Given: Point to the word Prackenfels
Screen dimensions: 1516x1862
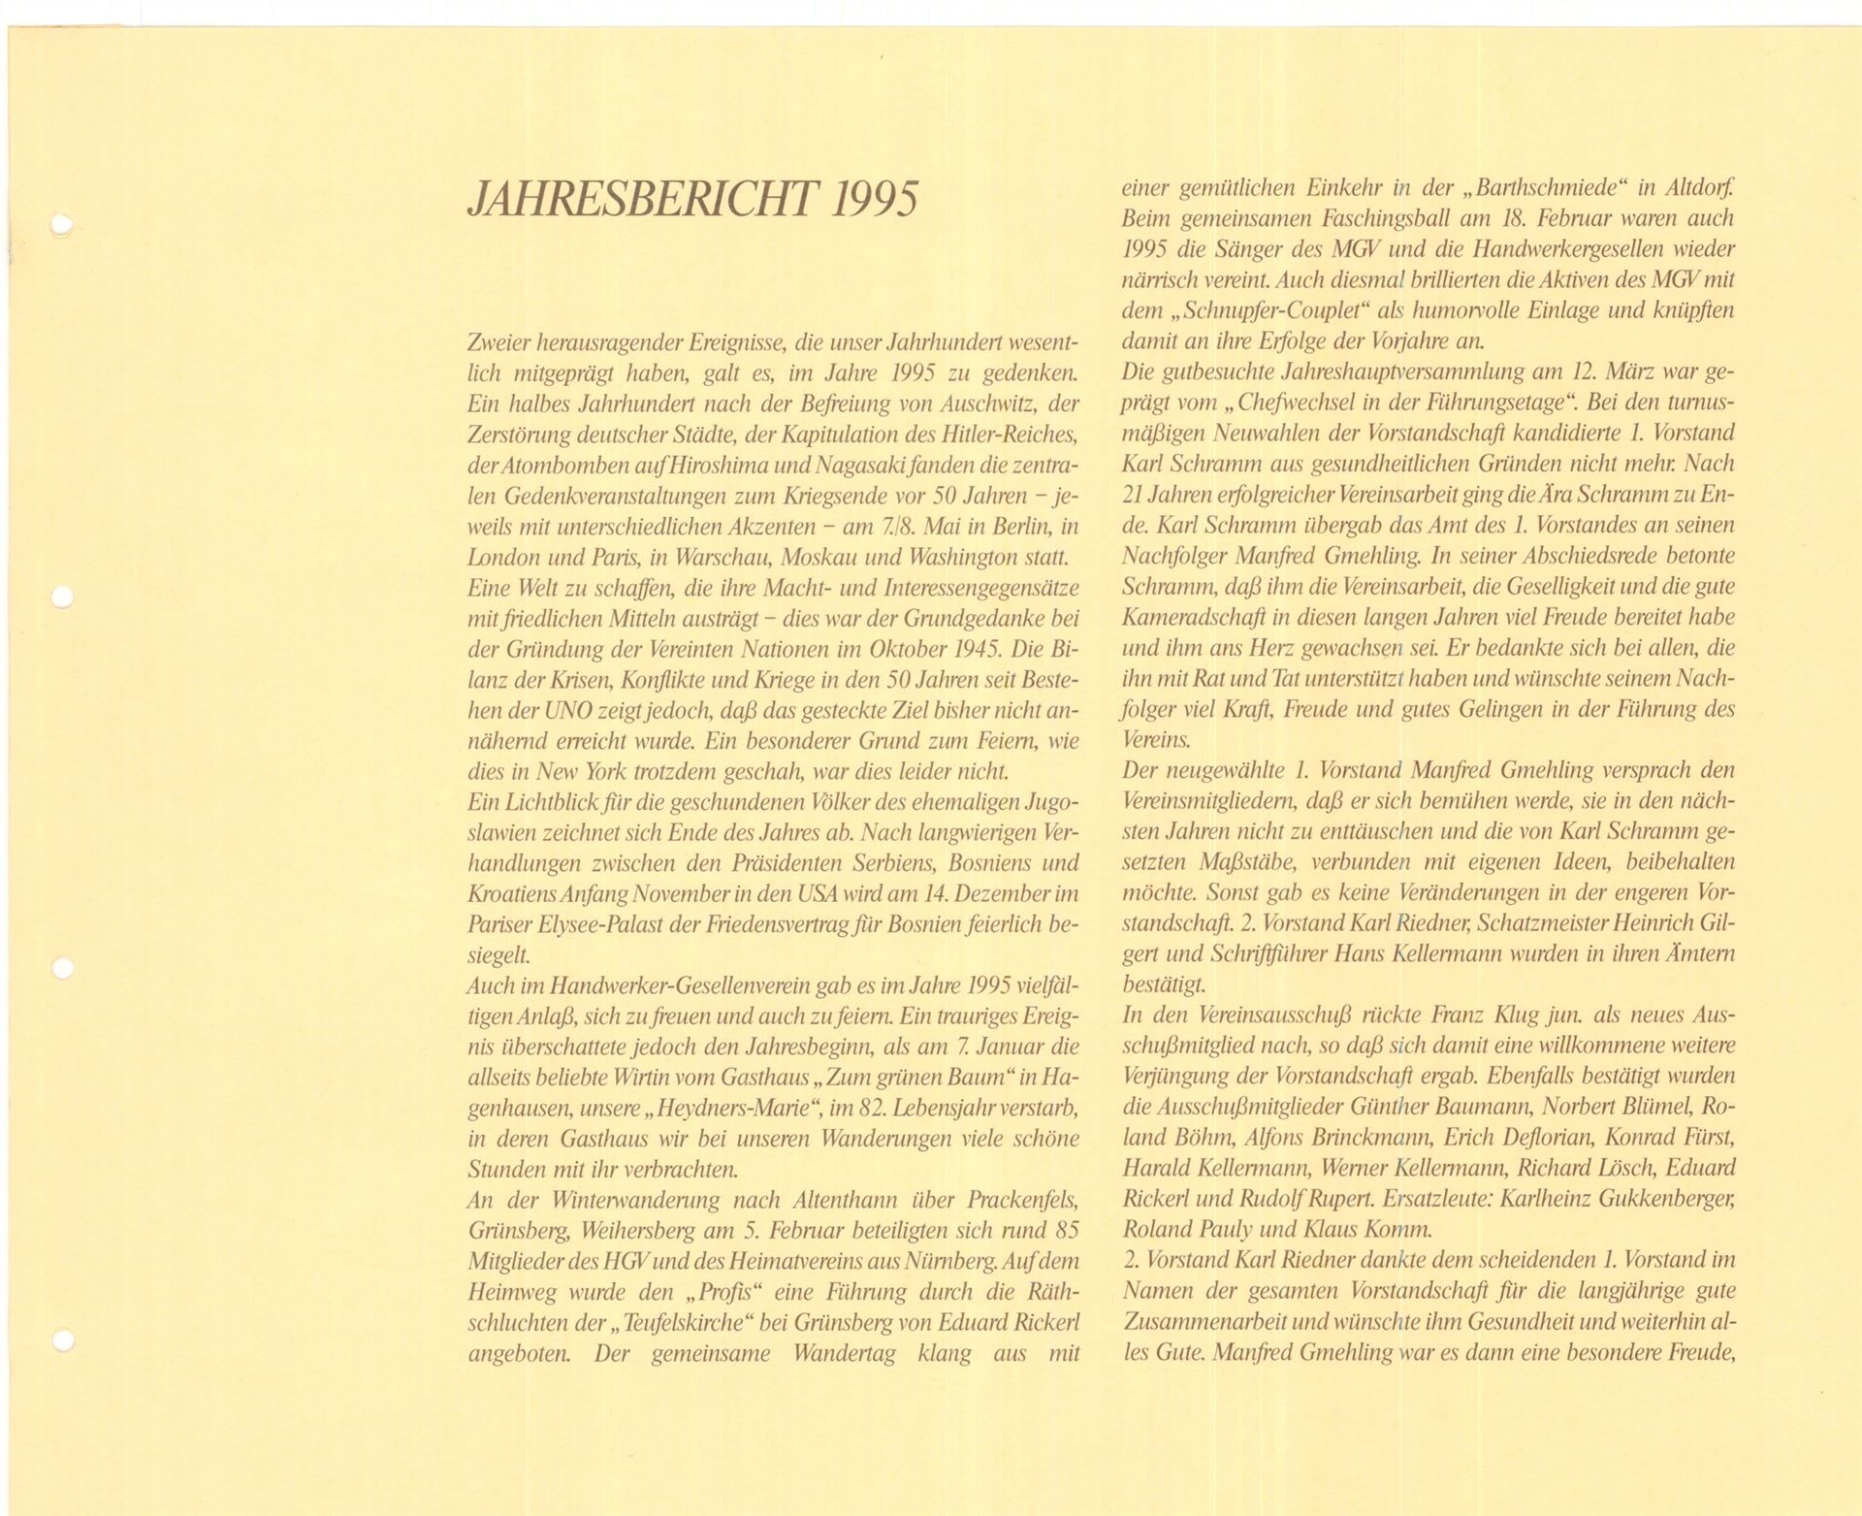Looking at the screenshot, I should click(1023, 1200).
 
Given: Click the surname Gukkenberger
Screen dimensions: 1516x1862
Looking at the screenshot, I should click(1663, 1198).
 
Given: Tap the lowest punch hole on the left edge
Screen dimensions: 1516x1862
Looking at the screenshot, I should click(62, 1340).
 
